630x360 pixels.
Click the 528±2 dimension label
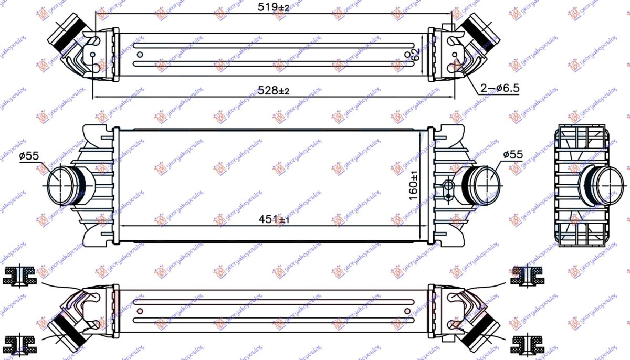click(273, 91)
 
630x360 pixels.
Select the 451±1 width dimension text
click(272, 219)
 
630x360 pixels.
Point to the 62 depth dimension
click(415, 55)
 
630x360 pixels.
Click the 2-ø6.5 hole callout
click(499, 88)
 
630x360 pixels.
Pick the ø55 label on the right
click(513, 154)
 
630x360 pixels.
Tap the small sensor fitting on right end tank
click(448, 190)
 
